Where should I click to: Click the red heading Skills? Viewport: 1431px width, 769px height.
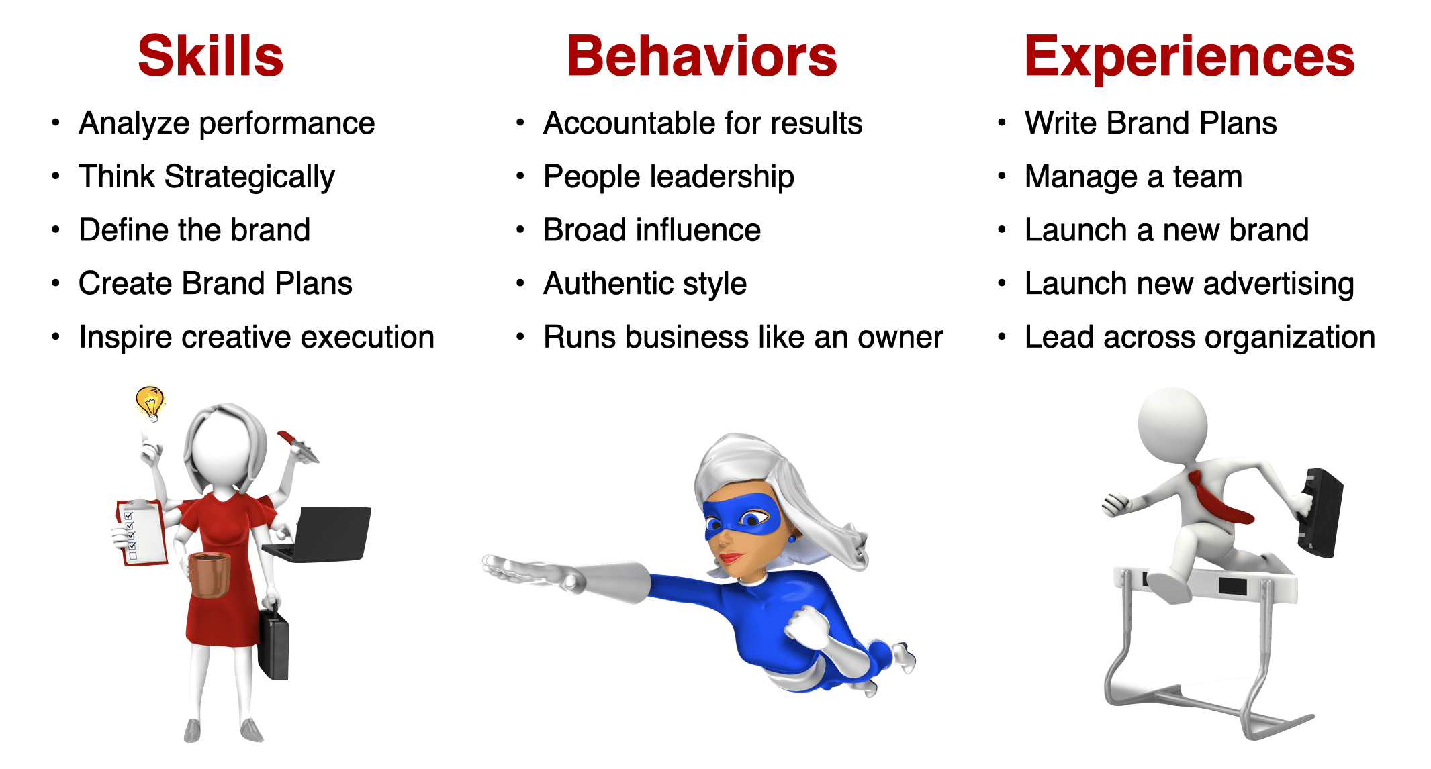[211, 56]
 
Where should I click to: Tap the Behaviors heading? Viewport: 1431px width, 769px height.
[702, 56]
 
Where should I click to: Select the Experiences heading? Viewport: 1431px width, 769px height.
[1189, 58]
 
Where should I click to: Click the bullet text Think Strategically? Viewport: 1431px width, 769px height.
[206, 177]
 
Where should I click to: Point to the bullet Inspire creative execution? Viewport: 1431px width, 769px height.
[257, 338]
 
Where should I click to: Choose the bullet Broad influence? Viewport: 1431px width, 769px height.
[652, 230]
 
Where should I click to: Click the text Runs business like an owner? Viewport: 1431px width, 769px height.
[743, 337]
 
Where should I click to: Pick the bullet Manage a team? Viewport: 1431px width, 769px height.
[1134, 177]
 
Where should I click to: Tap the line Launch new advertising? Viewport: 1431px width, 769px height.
[1189, 285]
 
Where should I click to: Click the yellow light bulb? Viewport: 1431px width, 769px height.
[150, 403]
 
